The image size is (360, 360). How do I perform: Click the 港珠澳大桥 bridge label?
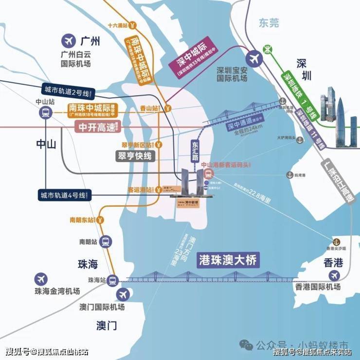click(228, 260)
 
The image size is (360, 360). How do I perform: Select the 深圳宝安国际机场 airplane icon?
click(253, 59)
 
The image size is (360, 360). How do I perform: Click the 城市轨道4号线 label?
click(63, 195)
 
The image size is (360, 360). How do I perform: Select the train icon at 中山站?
click(45, 112)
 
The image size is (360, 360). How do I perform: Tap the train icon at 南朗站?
click(106, 241)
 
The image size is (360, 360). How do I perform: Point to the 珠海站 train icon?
click(113, 280)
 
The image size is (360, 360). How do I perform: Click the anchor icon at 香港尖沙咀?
click(336, 242)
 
